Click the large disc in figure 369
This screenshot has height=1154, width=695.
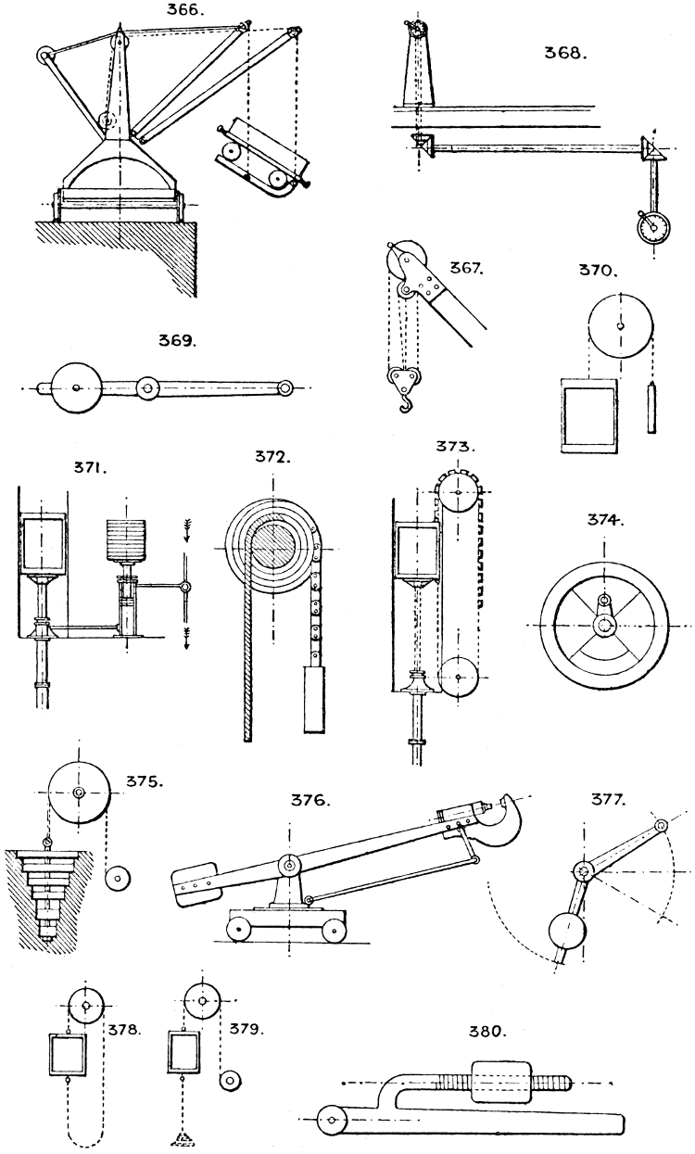[x=75, y=389]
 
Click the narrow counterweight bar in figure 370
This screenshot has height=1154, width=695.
[x=652, y=407]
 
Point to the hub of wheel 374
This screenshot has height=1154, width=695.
[x=605, y=626]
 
